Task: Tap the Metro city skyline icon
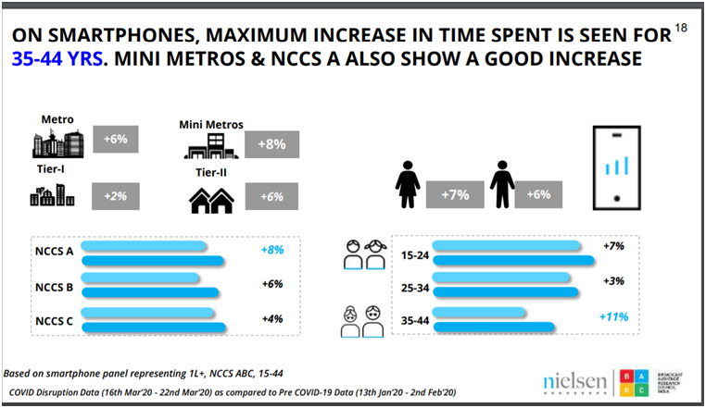pyautogui.click(x=57, y=142)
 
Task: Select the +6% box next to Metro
pyautogui.click(x=115, y=139)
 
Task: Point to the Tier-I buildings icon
pyautogui.click(x=51, y=194)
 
